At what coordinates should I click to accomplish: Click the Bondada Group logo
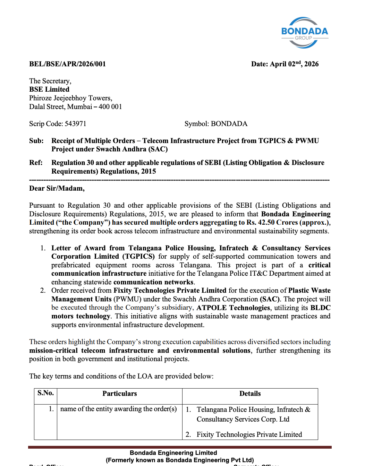tap(304, 33)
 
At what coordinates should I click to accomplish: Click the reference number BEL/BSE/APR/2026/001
tap(67, 64)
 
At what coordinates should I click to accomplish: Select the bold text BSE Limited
tap(49, 90)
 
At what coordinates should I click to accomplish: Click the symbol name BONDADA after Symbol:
tap(229, 124)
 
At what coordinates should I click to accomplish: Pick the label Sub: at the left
tap(36, 141)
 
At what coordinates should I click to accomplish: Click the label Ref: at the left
tap(36, 163)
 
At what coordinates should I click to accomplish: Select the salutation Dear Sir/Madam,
tap(57, 189)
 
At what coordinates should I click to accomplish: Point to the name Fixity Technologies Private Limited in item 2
tap(170, 291)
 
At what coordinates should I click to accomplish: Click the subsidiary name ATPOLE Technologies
tap(233, 308)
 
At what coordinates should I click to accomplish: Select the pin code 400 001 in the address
tap(110, 107)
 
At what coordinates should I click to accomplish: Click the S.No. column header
tap(45, 393)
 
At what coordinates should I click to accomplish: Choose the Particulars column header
tap(120, 394)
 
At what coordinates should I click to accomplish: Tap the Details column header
tap(250, 394)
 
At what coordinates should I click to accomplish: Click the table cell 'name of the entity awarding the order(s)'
tap(119, 409)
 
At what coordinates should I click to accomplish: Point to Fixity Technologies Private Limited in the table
tap(249, 435)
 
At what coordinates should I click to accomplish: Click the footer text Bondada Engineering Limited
tap(173, 453)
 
